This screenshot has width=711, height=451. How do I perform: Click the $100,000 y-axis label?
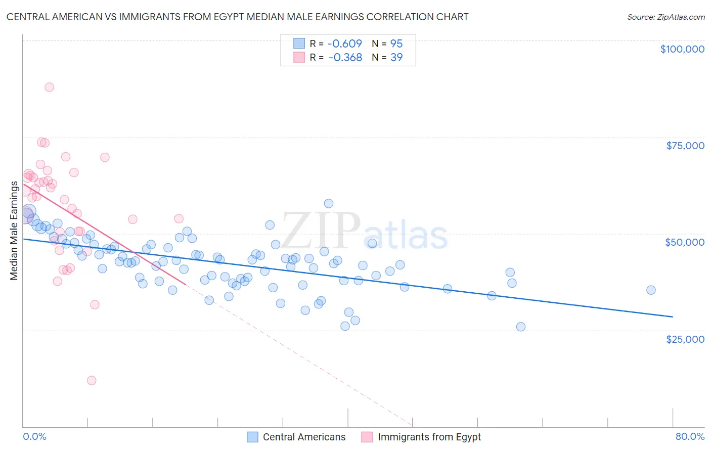click(x=682, y=49)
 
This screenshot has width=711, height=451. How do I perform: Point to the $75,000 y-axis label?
click(x=685, y=146)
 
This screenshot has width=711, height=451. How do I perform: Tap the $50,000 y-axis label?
click(x=684, y=242)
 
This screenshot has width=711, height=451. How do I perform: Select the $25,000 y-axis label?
click(x=685, y=339)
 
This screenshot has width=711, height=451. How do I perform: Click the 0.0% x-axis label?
click(x=34, y=436)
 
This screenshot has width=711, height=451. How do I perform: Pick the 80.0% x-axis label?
click(x=690, y=436)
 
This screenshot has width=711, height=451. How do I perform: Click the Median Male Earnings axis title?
click(x=14, y=231)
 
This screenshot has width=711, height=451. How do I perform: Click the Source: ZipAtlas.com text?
click(x=665, y=17)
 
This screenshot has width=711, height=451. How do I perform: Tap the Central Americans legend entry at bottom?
click(x=296, y=437)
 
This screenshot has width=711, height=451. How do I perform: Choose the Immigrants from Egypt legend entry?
click(x=422, y=437)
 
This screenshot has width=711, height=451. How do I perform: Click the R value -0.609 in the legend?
click(x=345, y=43)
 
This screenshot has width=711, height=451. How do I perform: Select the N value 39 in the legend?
click(x=396, y=58)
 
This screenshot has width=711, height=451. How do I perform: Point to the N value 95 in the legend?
click(x=396, y=43)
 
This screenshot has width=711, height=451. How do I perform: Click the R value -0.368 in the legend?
click(x=345, y=58)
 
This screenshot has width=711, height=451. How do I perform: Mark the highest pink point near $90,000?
click(x=49, y=87)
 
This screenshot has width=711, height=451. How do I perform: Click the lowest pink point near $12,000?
click(x=92, y=380)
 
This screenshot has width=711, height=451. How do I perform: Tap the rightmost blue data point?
click(x=651, y=290)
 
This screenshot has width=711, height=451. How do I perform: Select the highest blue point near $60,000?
click(x=329, y=204)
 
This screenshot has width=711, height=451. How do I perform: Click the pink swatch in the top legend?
click(x=299, y=58)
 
